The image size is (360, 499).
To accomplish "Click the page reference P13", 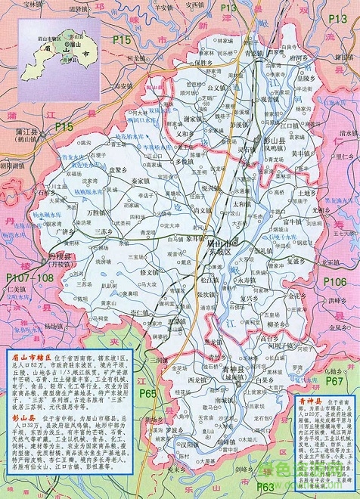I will pos(229,29).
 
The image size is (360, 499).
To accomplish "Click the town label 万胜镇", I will pos(98,214).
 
